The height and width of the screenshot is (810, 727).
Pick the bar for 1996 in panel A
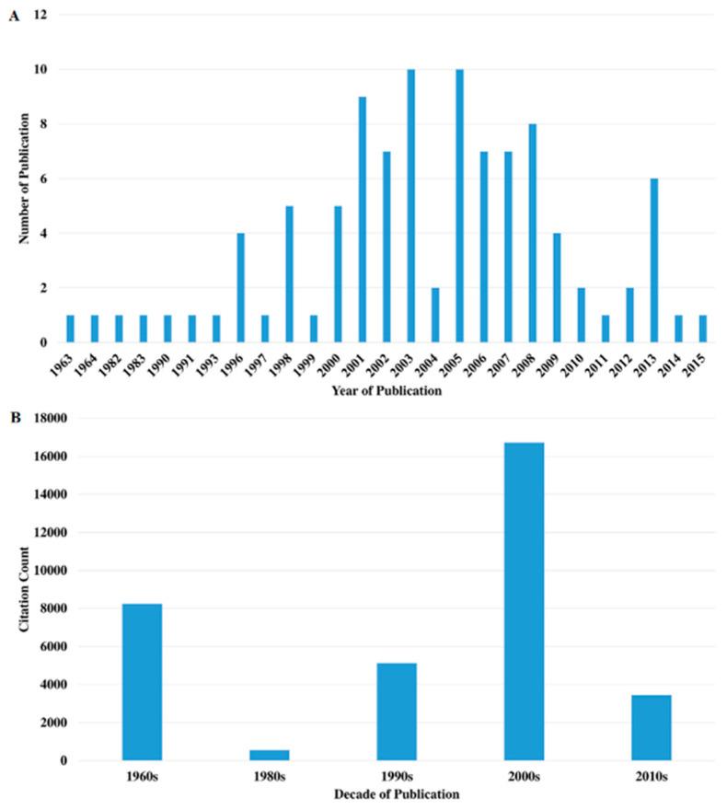(241, 288)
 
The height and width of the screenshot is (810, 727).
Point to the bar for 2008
(531, 233)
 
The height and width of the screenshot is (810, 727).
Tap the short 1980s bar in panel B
(269, 755)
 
